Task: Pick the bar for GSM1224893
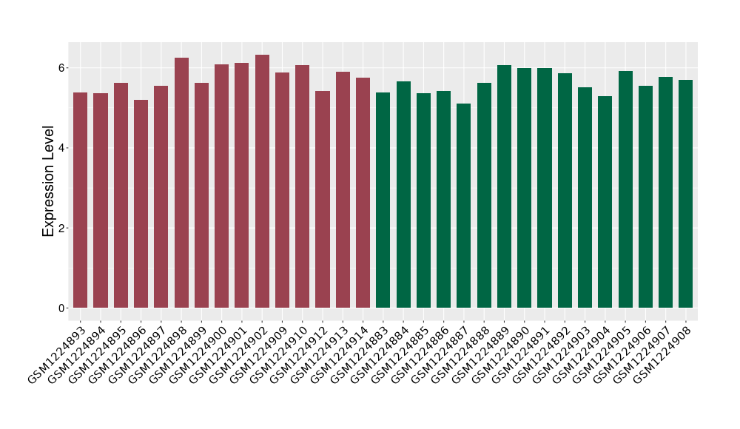coord(81,200)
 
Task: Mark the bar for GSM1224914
coord(363,192)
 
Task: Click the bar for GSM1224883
coord(383,200)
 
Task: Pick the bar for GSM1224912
coord(323,199)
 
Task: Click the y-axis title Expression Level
coord(49,180)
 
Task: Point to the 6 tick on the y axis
coord(64,68)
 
